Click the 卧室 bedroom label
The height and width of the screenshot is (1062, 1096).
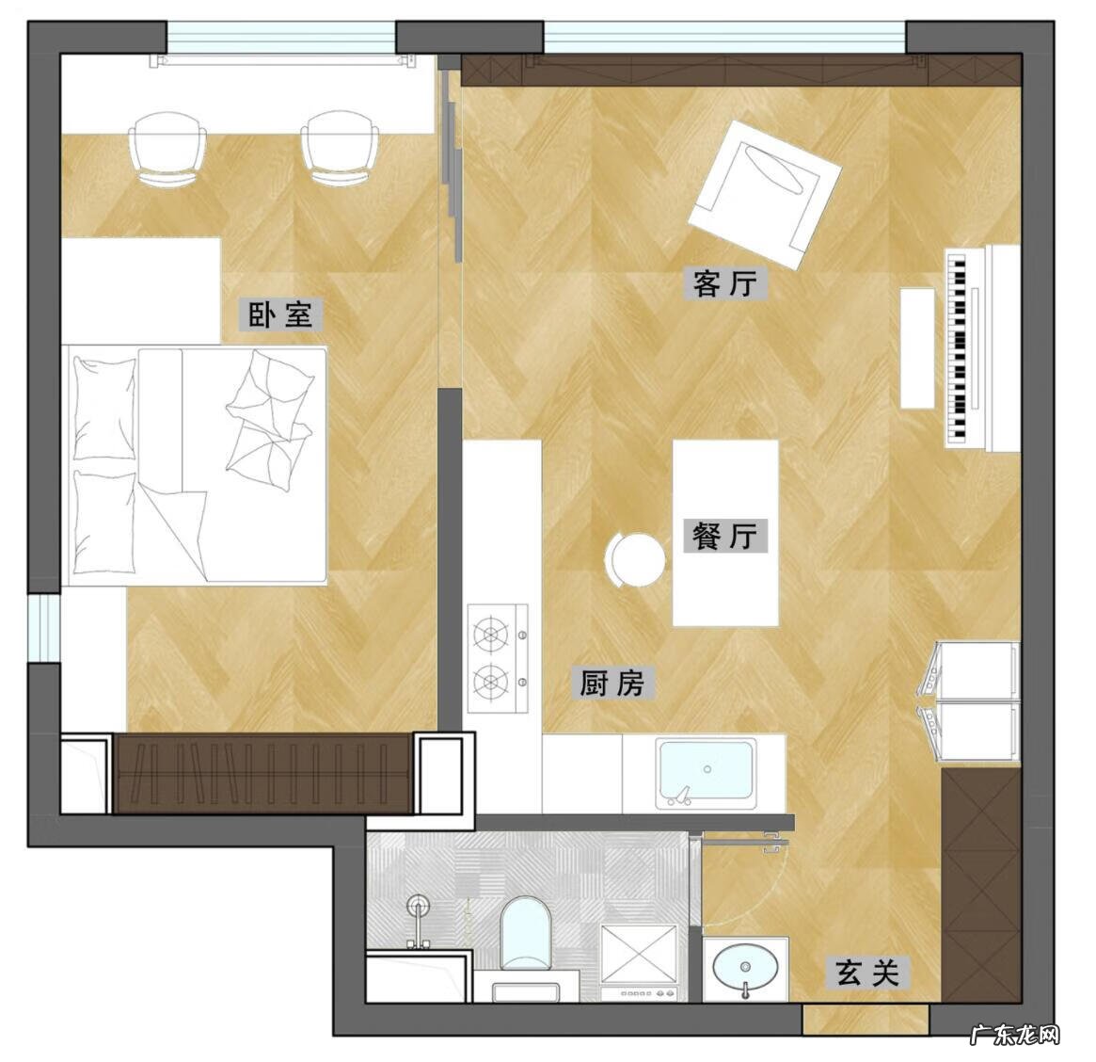(x=280, y=314)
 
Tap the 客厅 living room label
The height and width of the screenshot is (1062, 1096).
(x=724, y=283)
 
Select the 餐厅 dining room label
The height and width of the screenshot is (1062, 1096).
(x=724, y=536)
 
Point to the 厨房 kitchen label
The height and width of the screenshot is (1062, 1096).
(x=612, y=683)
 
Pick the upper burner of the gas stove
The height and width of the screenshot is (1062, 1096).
(x=491, y=634)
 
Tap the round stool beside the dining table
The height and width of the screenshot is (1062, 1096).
(x=634, y=559)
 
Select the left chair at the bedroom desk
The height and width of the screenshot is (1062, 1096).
(x=167, y=148)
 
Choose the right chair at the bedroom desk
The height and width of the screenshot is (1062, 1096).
(x=340, y=148)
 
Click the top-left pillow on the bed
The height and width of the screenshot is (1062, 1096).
(x=104, y=409)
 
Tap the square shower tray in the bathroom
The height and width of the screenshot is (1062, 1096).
(x=639, y=955)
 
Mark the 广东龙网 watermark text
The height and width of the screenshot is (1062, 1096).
(x=1015, y=1034)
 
